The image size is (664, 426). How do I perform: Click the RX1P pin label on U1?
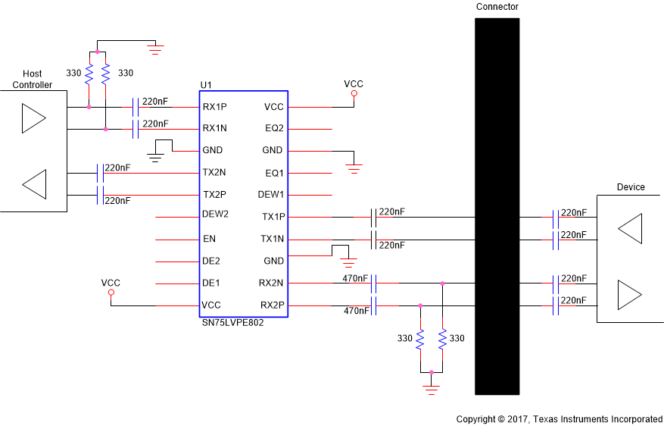pos(214,107)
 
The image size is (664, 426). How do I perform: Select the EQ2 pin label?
pos(274,129)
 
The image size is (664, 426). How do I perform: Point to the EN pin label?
pos(210,239)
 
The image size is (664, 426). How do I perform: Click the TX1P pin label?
pos(273,217)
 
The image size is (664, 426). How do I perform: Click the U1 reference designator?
pos(205,84)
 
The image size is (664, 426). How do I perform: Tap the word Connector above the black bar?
pos(497,7)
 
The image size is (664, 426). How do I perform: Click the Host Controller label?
pos(33,80)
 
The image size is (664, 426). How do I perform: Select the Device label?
pos(631,187)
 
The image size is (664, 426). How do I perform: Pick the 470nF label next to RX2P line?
pos(356,311)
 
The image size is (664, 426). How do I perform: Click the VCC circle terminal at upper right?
pos(354,94)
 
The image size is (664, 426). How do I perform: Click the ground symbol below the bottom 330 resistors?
pos(431,390)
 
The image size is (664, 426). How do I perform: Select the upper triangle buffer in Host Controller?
pos(33,118)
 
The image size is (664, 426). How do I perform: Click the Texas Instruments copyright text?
pos(559,419)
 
